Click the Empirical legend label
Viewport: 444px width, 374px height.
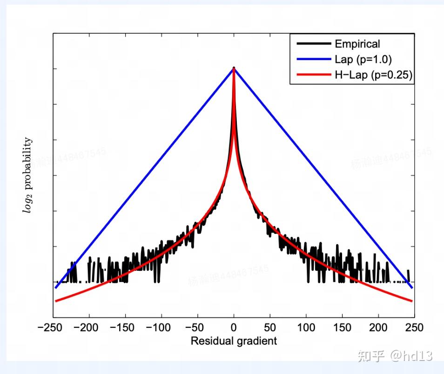pyautogui.click(x=357, y=44)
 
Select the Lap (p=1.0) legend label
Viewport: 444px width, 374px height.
pyautogui.click(x=363, y=60)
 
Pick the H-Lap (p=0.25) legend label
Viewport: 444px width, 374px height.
pyautogui.click(x=373, y=75)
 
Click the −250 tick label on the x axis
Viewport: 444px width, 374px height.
pyautogui.click(x=51, y=327)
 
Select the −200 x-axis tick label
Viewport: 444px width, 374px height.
pyautogui.click(x=87, y=327)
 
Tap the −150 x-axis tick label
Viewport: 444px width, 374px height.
pyautogui.click(x=123, y=327)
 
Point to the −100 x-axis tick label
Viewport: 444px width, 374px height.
pyautogui.click(x=160, y=327)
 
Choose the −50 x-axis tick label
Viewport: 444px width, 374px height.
pyautogui.click(x=196, y=327)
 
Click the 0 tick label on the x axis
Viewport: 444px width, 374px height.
pyautogui.click(x=234, y=327)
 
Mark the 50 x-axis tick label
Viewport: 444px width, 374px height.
pyautogui.click(x=270, y=327)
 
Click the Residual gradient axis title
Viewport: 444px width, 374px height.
pyautogui.click(x=234, y=341)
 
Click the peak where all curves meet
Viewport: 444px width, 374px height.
pyautogui.click(x=234, y=68)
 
